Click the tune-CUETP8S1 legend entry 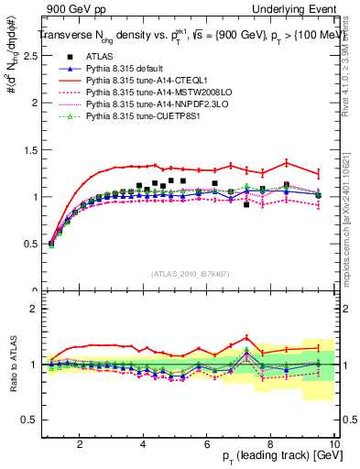tap(134, 116)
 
